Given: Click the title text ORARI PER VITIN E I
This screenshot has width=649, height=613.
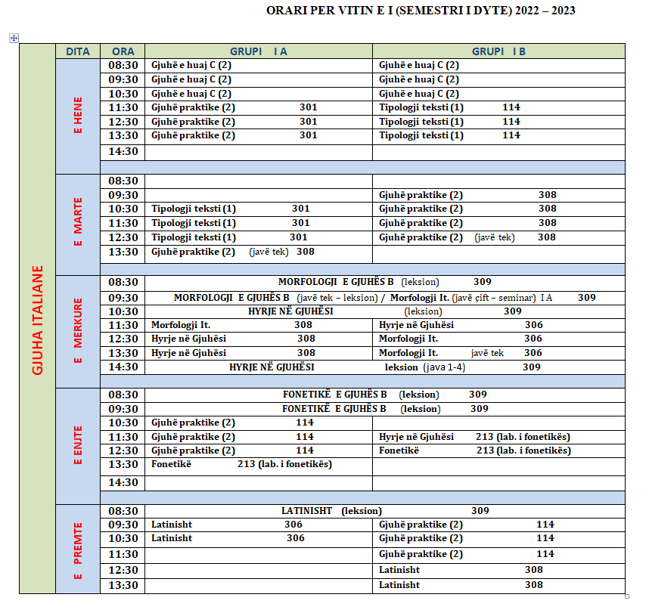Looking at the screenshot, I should coord(420,11).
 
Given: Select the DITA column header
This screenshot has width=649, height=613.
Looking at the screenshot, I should coord(78,51).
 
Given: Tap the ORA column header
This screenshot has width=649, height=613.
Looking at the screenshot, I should coord(123,51).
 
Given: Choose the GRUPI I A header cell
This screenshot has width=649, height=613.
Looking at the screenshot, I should coord(259,51).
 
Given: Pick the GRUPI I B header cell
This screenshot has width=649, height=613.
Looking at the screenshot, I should coord(498,51).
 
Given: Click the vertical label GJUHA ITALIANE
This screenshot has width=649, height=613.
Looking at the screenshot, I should coord(37,319).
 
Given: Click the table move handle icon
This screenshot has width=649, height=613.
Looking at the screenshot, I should coord(14,38).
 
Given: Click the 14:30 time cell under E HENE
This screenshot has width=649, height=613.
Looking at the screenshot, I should coord(123,151).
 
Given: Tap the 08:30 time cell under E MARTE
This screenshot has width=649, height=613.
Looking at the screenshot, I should coord(123,181).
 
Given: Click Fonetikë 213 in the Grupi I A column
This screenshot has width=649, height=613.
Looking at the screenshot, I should coord(241,464).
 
